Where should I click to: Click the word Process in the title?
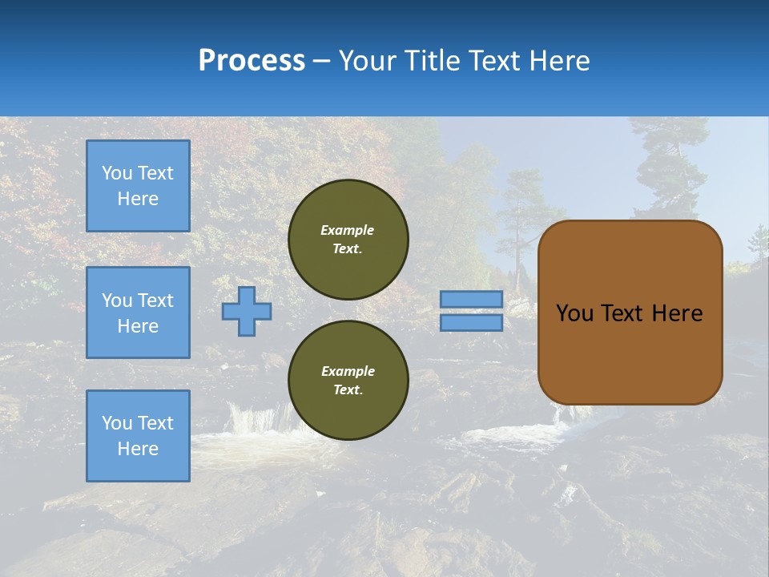[252, 60]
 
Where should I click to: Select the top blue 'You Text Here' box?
[138, 186]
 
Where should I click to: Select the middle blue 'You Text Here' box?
[138, 313]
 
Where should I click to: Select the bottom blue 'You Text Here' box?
[138, 436]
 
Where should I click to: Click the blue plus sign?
[247, 311]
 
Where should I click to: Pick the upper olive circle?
[348, 239]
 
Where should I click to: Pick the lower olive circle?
[348, 380]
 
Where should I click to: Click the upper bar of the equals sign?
[471, 299]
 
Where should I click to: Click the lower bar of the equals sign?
[471, 322]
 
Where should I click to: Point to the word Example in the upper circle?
[348, 230]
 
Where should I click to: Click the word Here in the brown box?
[677, 313]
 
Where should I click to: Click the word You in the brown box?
[574, 313]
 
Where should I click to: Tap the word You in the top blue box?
[116, 173]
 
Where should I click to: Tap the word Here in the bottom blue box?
[138, 449]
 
